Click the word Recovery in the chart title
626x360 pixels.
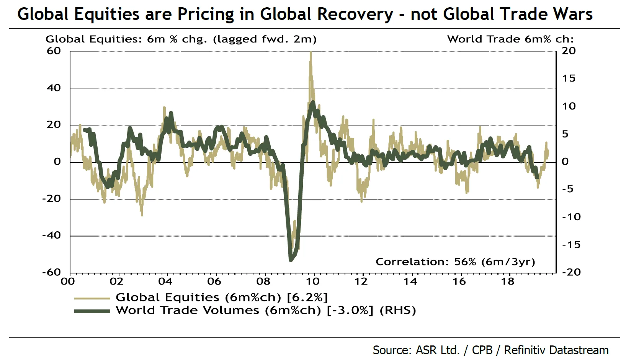pyautogui.click(x=355, y=15)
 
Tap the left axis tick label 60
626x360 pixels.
pyautogui.click(x=54, y=51)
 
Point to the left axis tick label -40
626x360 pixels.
pyautogui.click(x=52, y=235)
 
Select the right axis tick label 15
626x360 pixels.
pyautogui.click(x=569, y=79)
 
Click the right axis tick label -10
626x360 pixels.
pyautogui.click(x=571, y=217)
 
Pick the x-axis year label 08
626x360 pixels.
pyautogui.click(x=263, y=281)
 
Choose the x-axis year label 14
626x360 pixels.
pyautogui.click(x=410, y=281)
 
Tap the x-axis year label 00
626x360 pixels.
pyautogui.click(x=68, y=281)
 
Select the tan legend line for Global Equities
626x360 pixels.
pyautogui.click(x=92, y=298)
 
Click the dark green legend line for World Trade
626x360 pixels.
pyautogui.click(x=92, y=311)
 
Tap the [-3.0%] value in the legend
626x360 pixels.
pyautogui.click(x=350, y=310)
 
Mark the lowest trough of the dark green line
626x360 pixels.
pyautogui.click(x=291, y=260)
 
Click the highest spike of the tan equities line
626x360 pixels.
pyautogui.click(x=311, y=53)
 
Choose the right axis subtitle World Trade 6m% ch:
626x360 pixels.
pyautogui.click(x=510, y=39)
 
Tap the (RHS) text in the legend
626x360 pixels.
pyautogui.click(x=397, y=310)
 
